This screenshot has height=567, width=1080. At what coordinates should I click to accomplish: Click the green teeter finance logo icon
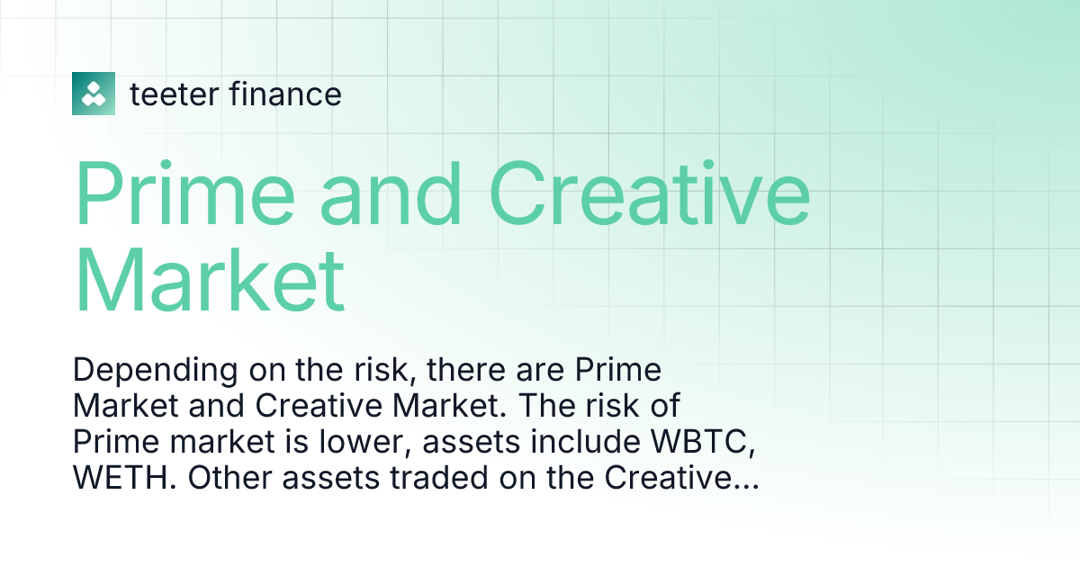[x=94, y=93]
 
